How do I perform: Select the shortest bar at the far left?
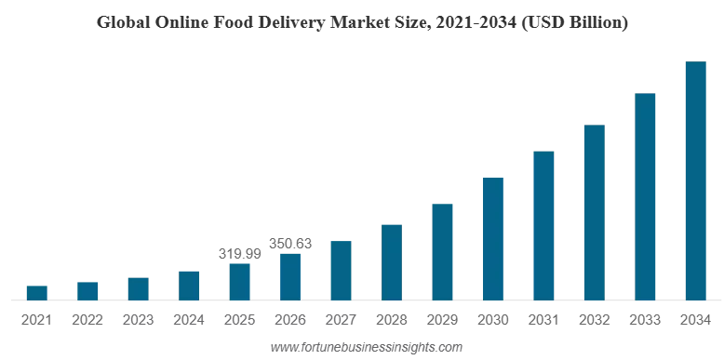click(x=36, y=291)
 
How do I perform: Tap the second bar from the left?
click(x=87, y=288)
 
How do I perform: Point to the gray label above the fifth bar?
click(x=240, y=252)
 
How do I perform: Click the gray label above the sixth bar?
click(x=290, y=246)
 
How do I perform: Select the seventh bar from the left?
click(x=342, y=269)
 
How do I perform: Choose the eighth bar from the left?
click(x=391, y=261)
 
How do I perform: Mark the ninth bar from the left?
click(x=443, y=250)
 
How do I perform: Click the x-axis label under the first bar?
click(x=33, y=320)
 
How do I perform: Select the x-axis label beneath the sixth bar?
click(x=291, y=320)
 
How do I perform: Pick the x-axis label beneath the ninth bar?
click(x=442, y=320)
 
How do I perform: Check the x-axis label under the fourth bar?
click(x=189, y=320)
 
